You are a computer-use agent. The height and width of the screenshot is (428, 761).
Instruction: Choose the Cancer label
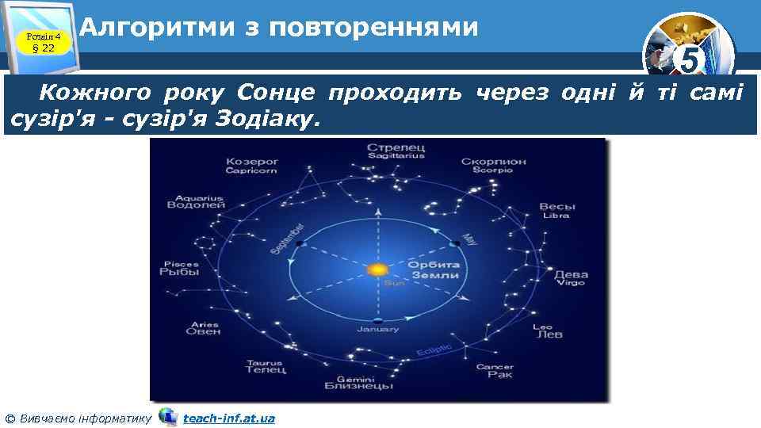click(x=495, y=371)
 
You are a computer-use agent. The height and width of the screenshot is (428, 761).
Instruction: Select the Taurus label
click(x=264, y=367)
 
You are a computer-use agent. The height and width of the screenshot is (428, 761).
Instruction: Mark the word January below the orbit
click(x=378, y=328)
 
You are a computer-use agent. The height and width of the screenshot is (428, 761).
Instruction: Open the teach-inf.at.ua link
click(x=228, y=418)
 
